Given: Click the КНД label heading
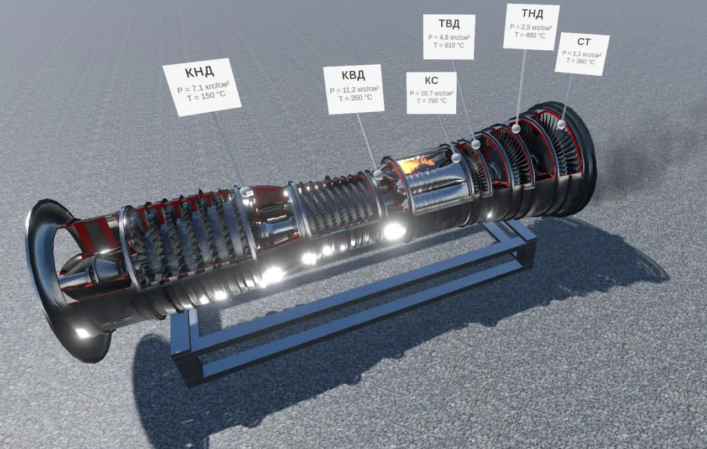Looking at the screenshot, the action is pos(200,72).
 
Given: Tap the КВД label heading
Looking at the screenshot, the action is pos(353,75).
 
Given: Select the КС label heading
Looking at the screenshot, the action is pos(431,81).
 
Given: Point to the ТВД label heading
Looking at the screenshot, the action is pos(449,24).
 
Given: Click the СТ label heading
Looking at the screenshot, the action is pos(584,41).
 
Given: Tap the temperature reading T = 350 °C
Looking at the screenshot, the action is pos(355,98).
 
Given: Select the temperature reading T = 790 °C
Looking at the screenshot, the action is pos(431,101).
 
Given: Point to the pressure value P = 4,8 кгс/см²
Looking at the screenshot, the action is pos(449,37).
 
